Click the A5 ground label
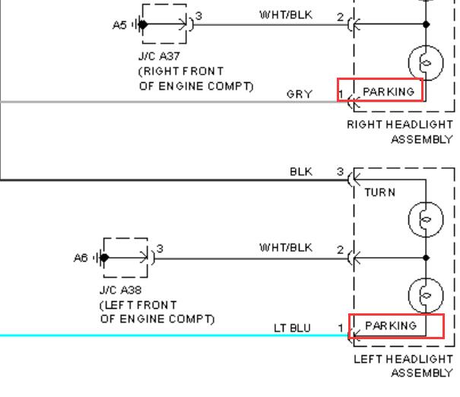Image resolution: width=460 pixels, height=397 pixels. [x=119, y=25]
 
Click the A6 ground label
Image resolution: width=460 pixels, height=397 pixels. [x=81, y=258]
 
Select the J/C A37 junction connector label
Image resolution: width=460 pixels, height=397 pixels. [x=159, y=56]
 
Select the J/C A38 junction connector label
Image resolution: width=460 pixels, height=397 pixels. [x=121, y=291]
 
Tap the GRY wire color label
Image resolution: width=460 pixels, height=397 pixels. [x=300, y=94]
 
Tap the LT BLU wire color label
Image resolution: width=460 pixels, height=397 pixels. [x=292, y=328]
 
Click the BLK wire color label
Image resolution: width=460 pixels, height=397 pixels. [x=301, y=172]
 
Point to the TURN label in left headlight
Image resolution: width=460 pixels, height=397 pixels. [x=380, y=192]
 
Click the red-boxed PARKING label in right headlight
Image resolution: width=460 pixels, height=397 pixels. [x=389, y=92]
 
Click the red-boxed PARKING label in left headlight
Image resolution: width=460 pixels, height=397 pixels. [x=391, y=326]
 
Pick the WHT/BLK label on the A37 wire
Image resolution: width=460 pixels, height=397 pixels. [x=286, y=15]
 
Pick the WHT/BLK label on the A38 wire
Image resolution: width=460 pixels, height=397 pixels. [x=286, y=248]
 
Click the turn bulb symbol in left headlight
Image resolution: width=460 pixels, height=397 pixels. [x=426, y=219]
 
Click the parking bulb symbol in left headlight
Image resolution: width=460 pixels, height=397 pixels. [x=426, y=295]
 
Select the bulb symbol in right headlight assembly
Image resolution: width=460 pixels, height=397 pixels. [x=426, y=63]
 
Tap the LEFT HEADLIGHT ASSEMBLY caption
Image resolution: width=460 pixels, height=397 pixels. [x=404, y=366]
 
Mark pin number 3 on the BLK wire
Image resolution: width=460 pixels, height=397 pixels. [x=340, y=171]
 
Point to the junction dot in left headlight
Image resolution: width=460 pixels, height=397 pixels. [x=426, y=258]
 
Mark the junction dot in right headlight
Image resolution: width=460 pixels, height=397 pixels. [x=426, y=24]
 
